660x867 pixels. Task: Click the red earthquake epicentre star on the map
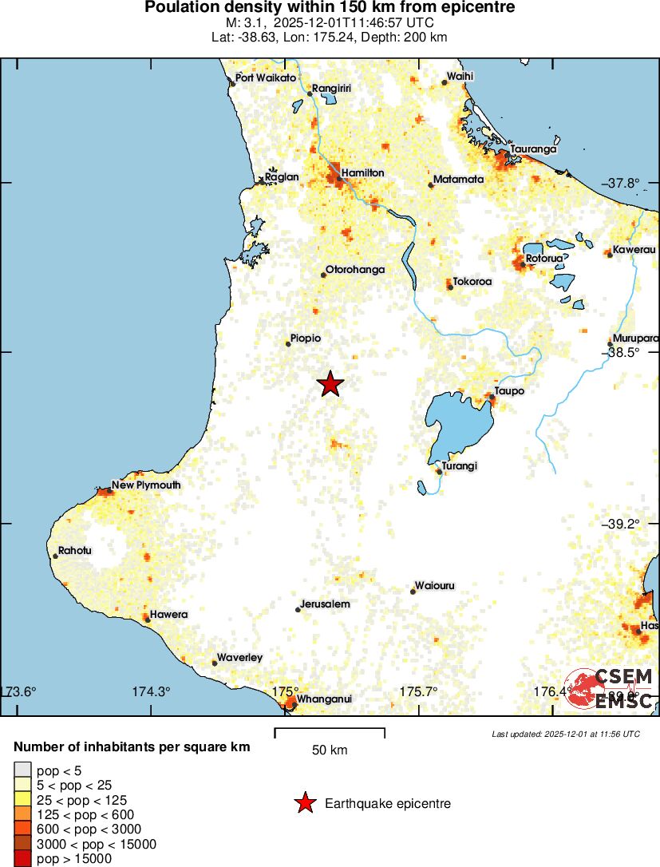[x=330, y=384]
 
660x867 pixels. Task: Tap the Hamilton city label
[x=362, y=172]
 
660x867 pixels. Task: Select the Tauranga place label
[x=533, y=148]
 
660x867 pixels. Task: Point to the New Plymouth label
[x=146, y=485]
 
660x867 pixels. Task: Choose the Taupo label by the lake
[x=509, y=390]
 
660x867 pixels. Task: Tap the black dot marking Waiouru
[x=413, y=592]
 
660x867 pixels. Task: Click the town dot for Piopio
[x=288, y=344]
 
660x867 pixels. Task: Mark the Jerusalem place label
[x=326, y=604]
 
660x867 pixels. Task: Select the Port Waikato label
[x=266, y=77]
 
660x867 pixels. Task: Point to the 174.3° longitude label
[x=152, y=691]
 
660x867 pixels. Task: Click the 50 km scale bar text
[x=330, y=750]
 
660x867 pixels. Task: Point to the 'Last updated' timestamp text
[x=566, y=734]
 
